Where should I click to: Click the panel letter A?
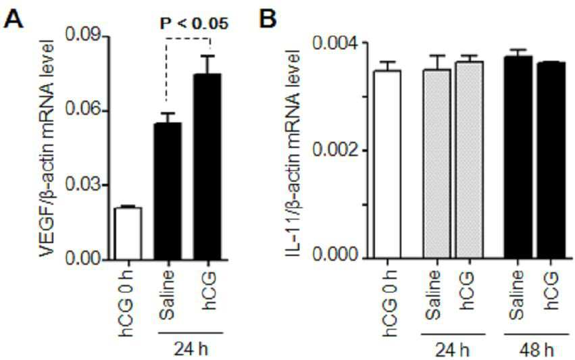(x=14, y=19)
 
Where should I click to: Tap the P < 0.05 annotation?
(x=194, y=24)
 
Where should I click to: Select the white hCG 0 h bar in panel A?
(x=128, y=234)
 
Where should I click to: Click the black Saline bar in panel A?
(x=168, y=191)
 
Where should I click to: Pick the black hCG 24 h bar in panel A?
(x=207, y=167)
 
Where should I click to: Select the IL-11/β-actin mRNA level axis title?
(x=294, y=152)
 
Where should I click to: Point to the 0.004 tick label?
(x=334, y=43)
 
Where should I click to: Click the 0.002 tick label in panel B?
(x=334, y=151)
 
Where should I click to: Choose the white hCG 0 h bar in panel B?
(x=387, y=164)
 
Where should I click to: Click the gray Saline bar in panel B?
(x=437, y=164)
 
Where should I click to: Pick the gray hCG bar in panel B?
(x=470, y=160)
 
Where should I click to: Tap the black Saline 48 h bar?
(x=518, y=157)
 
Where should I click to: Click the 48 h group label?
(x=536, y=351)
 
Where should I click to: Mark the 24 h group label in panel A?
(x=191, y=349)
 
